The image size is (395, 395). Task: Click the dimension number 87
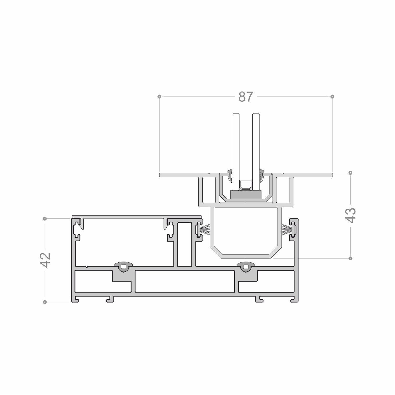[x=246, y=97]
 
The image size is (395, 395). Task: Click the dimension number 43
[x=351, y=216]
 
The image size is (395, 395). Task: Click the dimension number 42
[x=45, y=260]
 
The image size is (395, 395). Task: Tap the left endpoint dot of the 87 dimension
[x=159, y=97]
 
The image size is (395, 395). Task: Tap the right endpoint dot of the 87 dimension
[x=332, y=97]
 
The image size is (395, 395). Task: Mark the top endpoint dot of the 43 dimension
[x=350, y=173]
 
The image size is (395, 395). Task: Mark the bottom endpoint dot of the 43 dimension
[x=350, y=258]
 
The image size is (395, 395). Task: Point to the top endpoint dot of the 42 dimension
[x=45, y=218]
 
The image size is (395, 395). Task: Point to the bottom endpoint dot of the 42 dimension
[x=45, y=302]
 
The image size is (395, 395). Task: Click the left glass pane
[x=236, y=152]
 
